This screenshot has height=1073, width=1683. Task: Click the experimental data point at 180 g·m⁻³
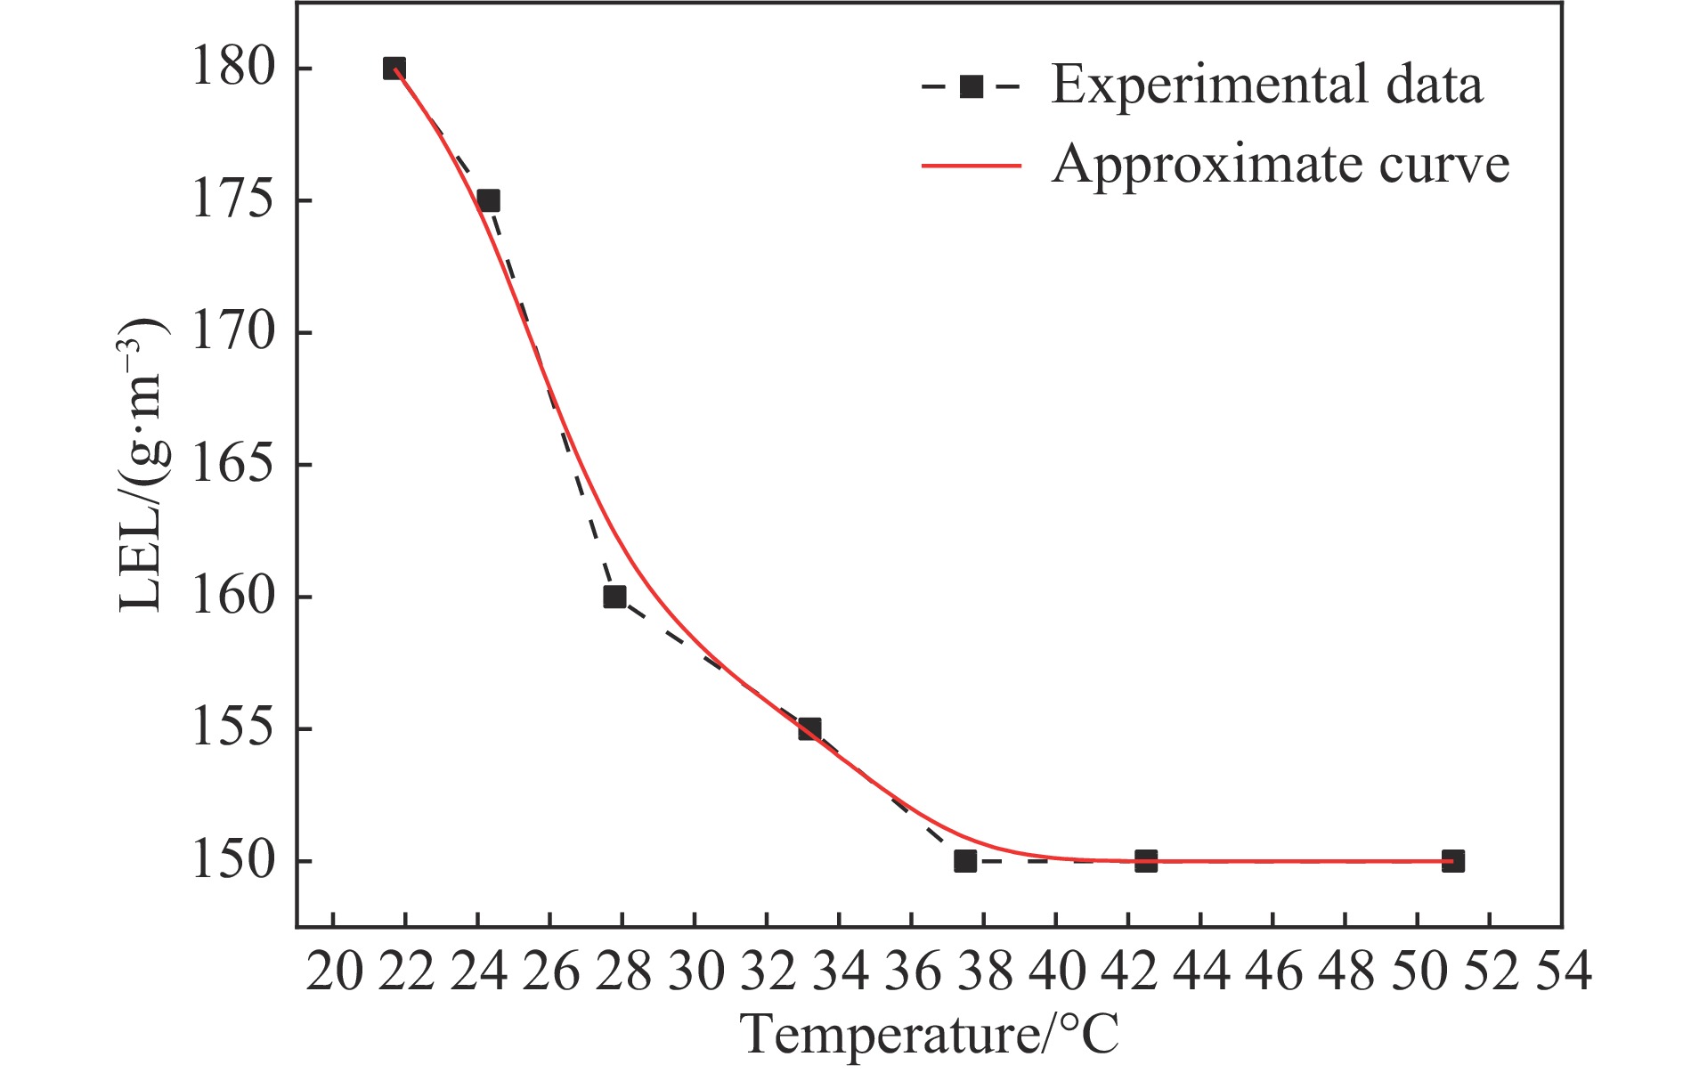[x=394, y=69]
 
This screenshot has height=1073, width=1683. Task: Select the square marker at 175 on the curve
[x=488, y=200]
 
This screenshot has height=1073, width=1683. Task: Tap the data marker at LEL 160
[x=614, y=597]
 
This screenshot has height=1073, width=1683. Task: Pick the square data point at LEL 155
[x=809, y=729]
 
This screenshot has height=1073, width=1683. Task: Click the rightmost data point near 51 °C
[x=1452, y=861]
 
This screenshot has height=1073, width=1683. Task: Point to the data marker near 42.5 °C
[x=1146, y=861]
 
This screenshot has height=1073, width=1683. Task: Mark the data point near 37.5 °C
[x=965, y=861]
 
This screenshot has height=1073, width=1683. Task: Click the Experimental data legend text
[x=1266, y=85]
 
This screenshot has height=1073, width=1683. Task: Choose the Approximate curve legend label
[x=1280, y=165]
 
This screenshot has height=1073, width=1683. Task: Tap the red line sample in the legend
[x=971, y=165]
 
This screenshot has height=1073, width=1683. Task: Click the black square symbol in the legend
[x=971, y=86]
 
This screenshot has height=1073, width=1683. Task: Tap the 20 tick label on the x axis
[x=334, y=971]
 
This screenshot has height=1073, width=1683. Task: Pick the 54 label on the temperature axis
[x=1562, y=971]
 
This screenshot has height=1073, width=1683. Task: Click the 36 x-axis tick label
[x=912, y=971]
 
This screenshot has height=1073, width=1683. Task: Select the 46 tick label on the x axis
[x=1273, y=971]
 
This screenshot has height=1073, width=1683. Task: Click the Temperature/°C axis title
[x=929, y=1036]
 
